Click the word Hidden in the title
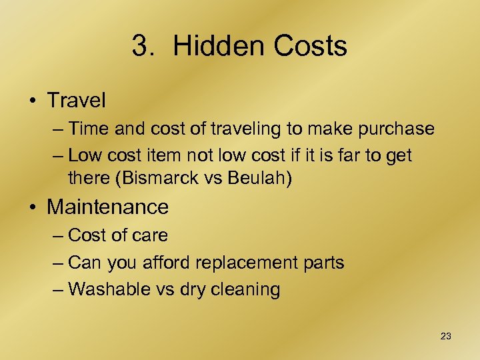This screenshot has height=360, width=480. [213, 47]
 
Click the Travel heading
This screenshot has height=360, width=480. [76, 101]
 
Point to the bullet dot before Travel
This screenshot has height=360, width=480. [33, 101]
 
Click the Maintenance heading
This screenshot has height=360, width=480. [107, 207]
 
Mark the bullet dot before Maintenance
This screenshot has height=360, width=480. [33, 207]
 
